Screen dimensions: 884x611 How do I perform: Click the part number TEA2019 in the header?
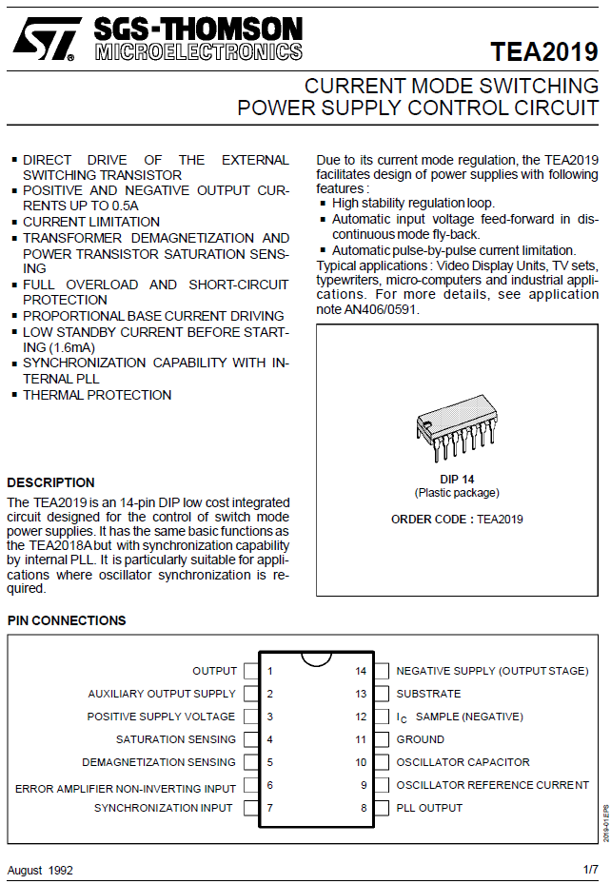[x=544, y=51]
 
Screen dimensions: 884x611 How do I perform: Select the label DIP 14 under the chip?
[x=457, y=479]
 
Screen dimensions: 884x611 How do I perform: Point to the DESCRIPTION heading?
[x=51, y=482]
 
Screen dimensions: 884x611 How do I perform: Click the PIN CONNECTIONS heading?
[x=67, y=620]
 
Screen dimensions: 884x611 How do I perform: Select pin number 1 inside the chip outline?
[x=270, y=671]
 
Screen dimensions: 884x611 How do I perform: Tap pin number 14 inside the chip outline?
[x=361, y=671]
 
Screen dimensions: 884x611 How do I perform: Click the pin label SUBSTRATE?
[x=428, y=694]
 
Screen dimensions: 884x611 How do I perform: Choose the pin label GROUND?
[x=420, y=739]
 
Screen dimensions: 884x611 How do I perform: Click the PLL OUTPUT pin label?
[x=429, y=808]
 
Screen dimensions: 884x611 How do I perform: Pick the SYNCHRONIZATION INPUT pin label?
[x=163, y=808]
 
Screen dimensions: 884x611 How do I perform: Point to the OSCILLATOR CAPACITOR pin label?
[x=463, y=762]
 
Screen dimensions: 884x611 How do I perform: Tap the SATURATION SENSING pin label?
[x=176, y=739]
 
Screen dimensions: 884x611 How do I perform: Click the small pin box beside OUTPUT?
[x=251, y=671]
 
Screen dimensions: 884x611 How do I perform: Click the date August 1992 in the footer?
[x=40, y=870]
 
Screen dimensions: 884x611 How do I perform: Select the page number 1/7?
[x=590, y=870]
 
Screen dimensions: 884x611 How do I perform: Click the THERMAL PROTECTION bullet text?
[x=97, y=395]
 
